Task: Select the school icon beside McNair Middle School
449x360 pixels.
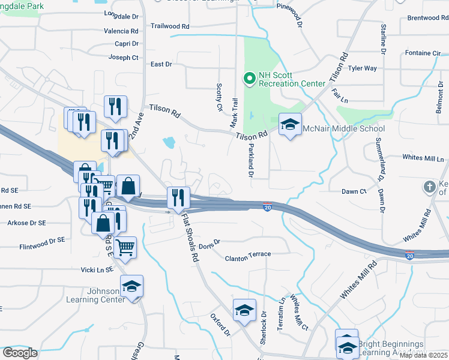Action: click(x=291, y=125)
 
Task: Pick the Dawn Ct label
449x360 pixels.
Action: click(x=354, y=191)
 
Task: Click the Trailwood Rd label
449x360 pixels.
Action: click(x=170, y=26)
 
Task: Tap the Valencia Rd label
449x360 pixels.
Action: click(x=121, y=31)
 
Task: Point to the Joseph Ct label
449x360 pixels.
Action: click(x=123, y=58)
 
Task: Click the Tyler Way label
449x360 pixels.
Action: click(x=363, y=68)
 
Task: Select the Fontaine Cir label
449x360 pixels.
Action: click(x=423, y=53)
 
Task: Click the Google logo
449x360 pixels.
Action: click(x=20, y=352)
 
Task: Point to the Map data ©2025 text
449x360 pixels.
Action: click(x=423, y=355)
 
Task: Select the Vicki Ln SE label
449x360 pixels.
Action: click(x=97, y=271)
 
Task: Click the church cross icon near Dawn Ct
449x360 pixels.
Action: click(x=430, y=187)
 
